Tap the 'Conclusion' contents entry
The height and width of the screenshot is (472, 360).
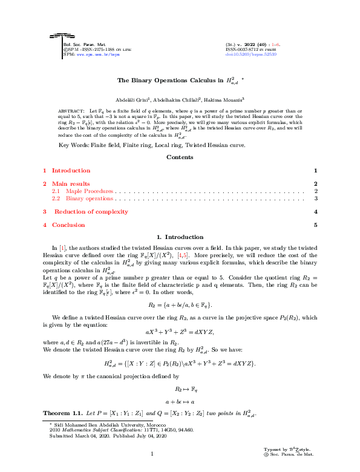[x=68, y=225]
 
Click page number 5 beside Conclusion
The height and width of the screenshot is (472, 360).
[x=315, y=225]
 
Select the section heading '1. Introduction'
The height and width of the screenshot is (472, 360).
[x=180, y=237]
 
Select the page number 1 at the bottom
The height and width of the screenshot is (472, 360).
[x=152, y=453]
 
